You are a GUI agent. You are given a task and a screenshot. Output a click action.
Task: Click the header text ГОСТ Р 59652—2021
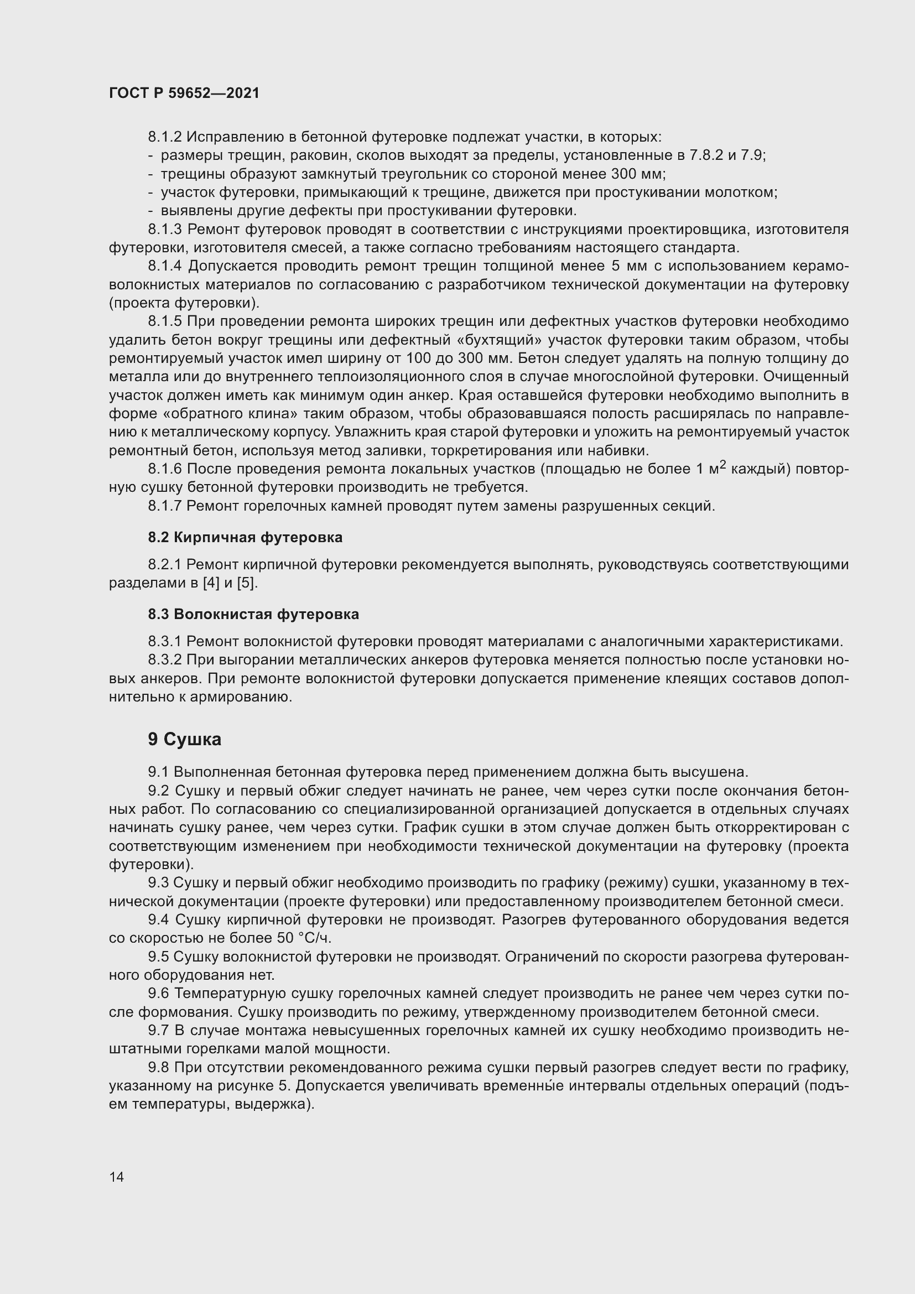tap(184, 93)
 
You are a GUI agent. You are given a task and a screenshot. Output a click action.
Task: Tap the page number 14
tap(117, 1177)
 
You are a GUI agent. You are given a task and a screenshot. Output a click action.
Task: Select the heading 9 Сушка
tap(184, 740)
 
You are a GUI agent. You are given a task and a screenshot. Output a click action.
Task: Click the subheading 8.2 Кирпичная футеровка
tap(245, 537)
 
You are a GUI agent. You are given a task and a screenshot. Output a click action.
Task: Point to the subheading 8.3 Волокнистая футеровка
tap(253, 614)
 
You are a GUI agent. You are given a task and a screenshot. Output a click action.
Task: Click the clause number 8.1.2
tap(165, 137)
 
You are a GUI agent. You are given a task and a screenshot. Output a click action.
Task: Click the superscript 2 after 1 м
tap(723, 465)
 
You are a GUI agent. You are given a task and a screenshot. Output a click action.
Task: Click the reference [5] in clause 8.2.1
tap(246, 583)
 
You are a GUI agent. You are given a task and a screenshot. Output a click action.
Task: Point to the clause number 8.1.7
tap(165, 506)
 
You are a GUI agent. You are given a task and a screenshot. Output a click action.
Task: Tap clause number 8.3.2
tap(165, 660)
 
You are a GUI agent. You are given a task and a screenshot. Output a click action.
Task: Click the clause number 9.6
tap(159, 994)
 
